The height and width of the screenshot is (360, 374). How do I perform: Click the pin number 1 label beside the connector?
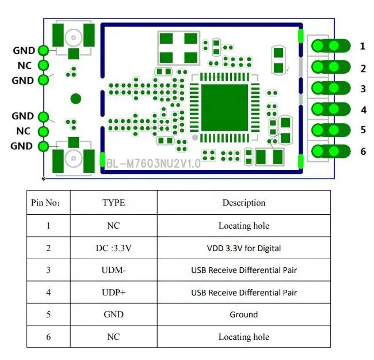(x=362, y=46)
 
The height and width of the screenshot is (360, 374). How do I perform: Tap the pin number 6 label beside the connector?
(x=362, y=151)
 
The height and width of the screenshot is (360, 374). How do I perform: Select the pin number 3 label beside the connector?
(x=362, y=89)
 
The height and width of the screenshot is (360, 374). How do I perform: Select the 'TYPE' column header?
(x=113, y=203)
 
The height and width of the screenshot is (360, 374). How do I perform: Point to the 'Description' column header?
(x=244, y=203)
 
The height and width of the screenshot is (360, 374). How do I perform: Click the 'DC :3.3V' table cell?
(x=113, y=248)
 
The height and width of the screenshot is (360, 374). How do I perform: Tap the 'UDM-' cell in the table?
(x=113, y=270)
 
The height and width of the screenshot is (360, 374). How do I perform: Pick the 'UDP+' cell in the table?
(x=113, y=293)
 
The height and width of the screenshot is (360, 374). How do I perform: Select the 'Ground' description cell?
(x=244, y=314)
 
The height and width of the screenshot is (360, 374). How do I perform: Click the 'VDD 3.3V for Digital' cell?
(x=244, y=248)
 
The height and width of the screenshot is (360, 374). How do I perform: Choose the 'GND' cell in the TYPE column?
(x=113, y=314)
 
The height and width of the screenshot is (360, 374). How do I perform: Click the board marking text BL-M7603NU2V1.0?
(x=153, y=164)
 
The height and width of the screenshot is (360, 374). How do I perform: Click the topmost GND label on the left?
(x=23, y=51)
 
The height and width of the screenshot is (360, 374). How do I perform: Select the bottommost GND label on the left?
(x=22, y=146)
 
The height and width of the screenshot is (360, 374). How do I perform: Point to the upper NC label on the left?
(x=24, y=66)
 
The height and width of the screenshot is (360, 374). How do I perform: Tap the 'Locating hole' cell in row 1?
(x=244, y=226)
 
